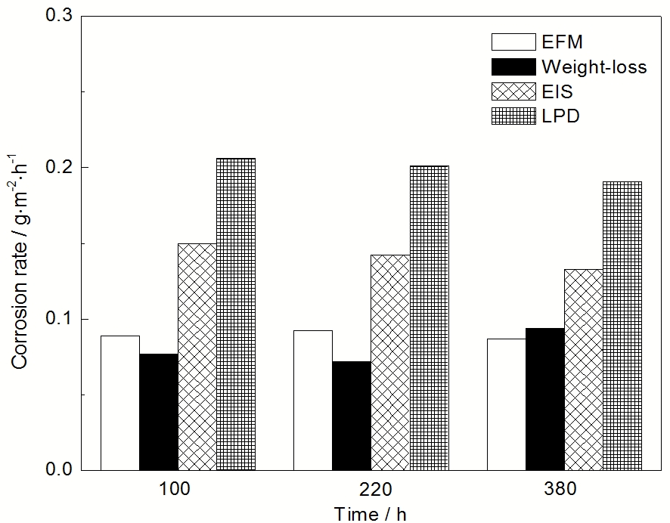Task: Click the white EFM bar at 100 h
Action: tap(120, 403)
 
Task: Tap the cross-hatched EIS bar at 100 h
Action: tap(197, 357)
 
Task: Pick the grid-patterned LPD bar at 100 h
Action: tap(236, 314)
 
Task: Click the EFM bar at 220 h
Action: tap(313, 400)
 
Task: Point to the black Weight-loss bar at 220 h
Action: tap(352, 416)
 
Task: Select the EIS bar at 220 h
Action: tap(390, 363)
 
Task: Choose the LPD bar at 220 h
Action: tap(429, 318)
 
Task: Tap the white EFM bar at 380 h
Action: tap(506, 404)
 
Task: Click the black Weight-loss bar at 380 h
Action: tap(544, 399)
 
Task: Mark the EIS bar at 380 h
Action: tap(583, 370)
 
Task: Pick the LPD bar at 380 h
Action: tap(622, 326)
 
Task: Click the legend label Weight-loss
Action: tap(594, 67)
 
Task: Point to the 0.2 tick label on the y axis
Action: tap(56, 167)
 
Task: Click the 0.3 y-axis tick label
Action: tap(56, 16)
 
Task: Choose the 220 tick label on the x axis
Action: tap(371, 490)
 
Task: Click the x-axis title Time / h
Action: tap(371, 514)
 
